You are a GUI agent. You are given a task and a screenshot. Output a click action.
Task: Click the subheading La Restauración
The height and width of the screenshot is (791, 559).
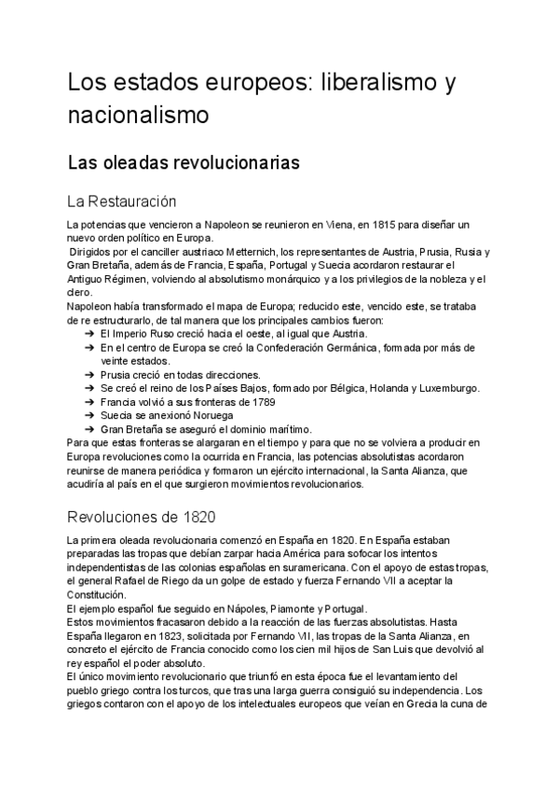pyautogui.click(x=122, y=201)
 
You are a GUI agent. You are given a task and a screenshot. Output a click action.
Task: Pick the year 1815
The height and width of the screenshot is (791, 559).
pyautogui.click(x=394, y=226)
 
